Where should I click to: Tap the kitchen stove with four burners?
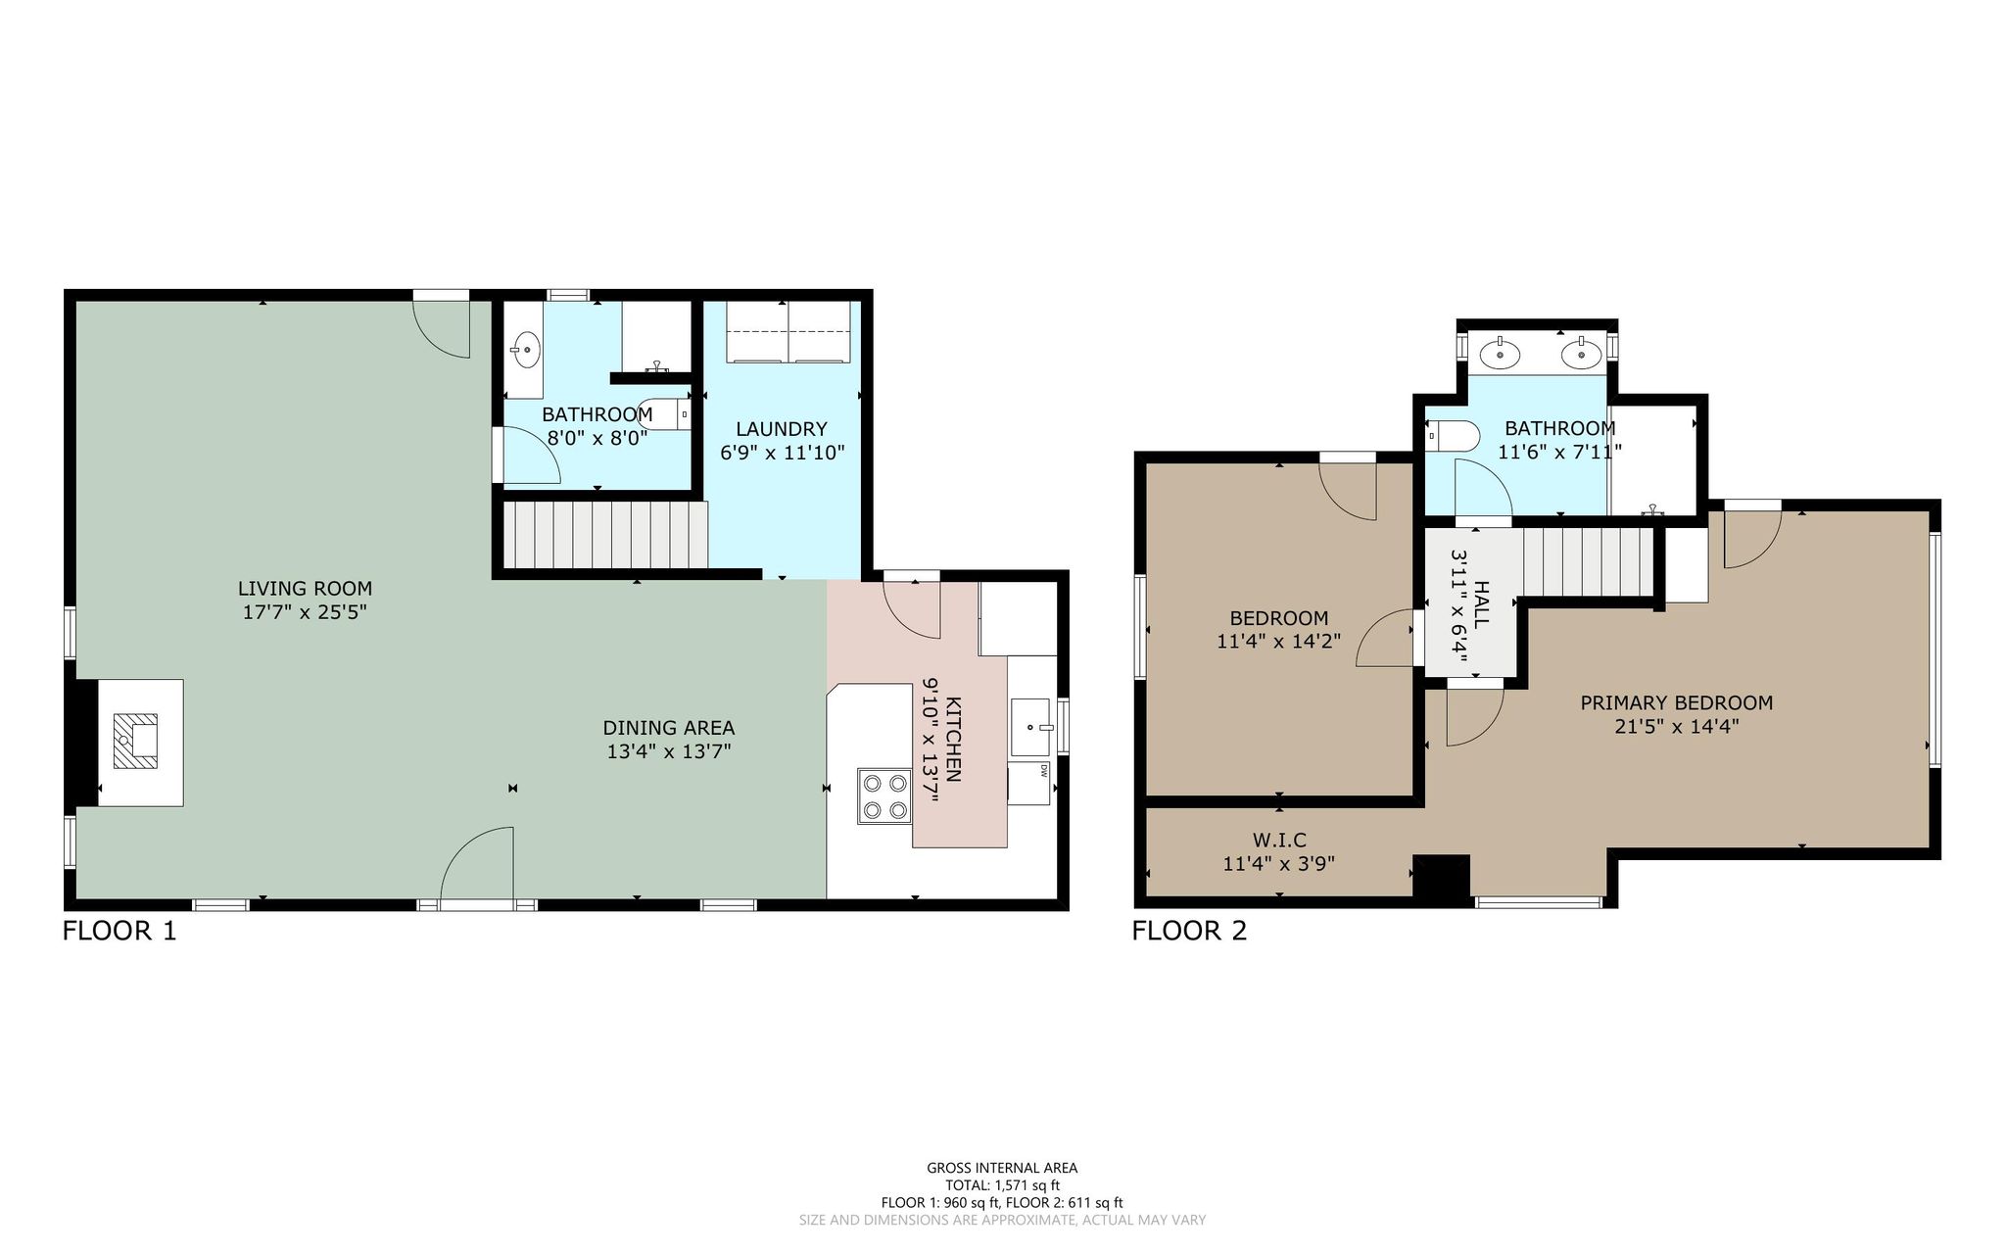click(x=884, y=796)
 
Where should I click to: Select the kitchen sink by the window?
click(x=1030, y=727)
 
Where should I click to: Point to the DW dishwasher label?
click(x=1043, y=770)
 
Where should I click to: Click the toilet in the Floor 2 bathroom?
click(x=1451, y=435)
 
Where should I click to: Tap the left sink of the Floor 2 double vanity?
click(x=1499, y=353)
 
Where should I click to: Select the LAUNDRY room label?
click(x=782, y=429)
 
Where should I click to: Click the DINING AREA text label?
click(x=669, y=728)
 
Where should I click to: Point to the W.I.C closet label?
click(x=1279, y=841)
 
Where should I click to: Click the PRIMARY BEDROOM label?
click(x=1677, y=702)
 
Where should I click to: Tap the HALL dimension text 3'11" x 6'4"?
click(x=1459, y=605)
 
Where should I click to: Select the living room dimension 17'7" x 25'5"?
click(x=305, y=612)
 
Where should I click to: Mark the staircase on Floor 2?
click(x=1587, y=561)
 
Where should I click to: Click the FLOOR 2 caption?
click(x=1189, y=931)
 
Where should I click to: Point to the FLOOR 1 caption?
click(x=119, y=931)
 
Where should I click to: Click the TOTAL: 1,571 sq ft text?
click(x=1002, y=1185)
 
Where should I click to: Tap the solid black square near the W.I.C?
click(x=1441, y=876)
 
